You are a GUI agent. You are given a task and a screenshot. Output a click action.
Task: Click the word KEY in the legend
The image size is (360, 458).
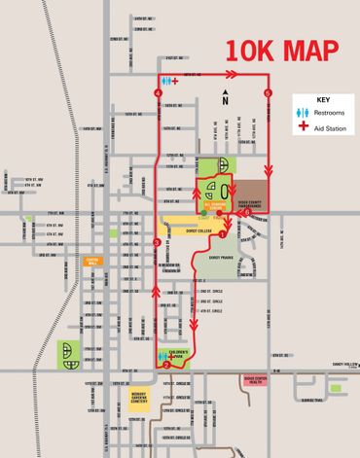[x=323, y=100]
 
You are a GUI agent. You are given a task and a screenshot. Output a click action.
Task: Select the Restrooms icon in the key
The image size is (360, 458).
[x=303, y=114]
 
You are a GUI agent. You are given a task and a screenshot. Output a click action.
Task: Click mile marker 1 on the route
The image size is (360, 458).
[x=222, y=233]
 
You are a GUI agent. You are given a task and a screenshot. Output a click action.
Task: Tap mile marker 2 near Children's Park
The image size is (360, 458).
[x=167, y=366]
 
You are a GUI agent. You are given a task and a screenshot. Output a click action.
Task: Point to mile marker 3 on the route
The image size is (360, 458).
[x=157, y=242]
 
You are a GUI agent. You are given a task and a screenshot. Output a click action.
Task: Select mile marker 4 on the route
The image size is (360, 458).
[x=158, y=92]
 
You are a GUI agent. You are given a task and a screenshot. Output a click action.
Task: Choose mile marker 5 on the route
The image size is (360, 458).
[x=268, y=92]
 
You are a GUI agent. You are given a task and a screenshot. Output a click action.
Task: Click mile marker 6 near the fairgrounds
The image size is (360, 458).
[x=247, y=212]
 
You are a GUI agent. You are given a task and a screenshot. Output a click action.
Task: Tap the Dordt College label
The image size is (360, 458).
[x=198, y=231]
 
